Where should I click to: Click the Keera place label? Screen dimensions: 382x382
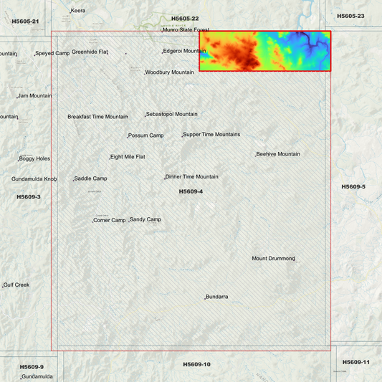78,11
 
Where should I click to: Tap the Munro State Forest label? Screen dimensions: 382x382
180,30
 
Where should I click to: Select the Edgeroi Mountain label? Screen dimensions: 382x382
185,51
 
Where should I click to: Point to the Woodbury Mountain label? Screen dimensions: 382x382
170,72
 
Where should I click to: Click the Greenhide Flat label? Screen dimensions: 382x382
90,52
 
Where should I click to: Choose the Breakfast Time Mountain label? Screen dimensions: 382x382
97,117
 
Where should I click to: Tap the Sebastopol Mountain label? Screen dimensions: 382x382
172,114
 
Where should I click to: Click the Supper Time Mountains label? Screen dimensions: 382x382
211,135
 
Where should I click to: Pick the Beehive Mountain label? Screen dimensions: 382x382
279,154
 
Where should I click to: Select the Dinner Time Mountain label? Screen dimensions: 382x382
192,177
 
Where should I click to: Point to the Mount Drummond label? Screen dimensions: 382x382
273,259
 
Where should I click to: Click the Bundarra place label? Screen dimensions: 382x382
217,297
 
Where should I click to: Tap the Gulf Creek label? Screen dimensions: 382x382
16,285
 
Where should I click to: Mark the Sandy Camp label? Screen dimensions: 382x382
145,219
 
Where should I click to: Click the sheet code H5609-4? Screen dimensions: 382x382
191,191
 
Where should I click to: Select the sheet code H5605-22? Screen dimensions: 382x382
185,18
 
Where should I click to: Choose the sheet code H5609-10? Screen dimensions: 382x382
196,364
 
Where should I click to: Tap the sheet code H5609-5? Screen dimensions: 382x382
353,186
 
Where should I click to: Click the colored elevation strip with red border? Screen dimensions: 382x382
265,51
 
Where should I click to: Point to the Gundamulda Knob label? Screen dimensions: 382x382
34,179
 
